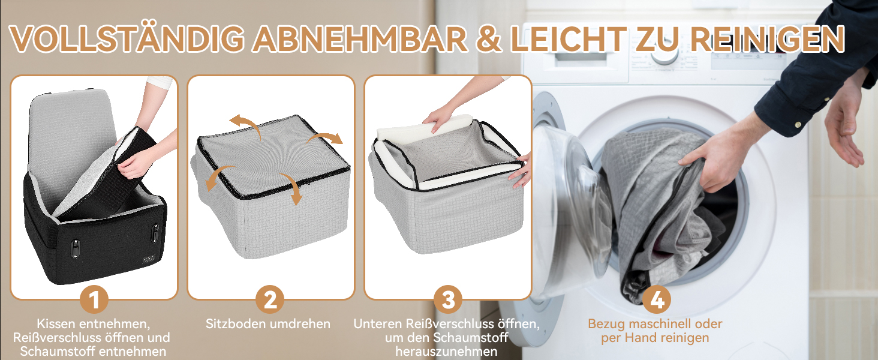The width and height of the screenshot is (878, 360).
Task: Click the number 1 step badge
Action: [94, 299]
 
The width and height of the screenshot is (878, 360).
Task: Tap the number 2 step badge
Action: [270, 299]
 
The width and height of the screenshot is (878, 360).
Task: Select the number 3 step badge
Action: [448, 299]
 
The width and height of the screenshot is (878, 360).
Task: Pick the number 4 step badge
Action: [657, 299]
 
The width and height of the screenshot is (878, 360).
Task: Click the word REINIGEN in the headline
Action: [767, 39]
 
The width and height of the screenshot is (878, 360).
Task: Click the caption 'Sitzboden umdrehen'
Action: [268, 324]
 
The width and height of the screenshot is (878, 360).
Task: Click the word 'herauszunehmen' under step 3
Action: [446, 352]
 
